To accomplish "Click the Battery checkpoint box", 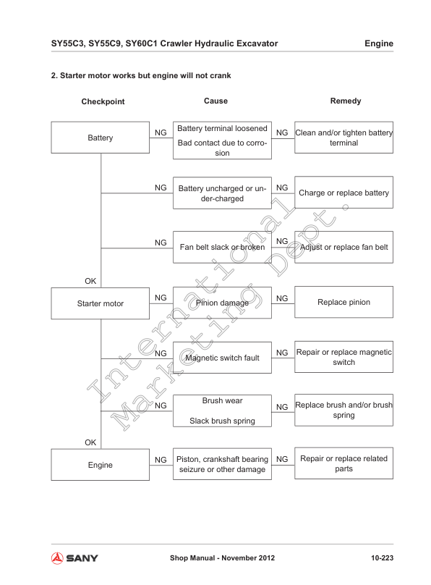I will (101, 138).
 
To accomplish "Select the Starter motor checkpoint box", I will (101, 303).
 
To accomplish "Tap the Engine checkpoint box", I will (101, 465).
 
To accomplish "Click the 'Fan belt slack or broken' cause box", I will (222, 248).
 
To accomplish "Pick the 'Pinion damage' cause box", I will (222, 303).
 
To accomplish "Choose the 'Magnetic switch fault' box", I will (222, 358).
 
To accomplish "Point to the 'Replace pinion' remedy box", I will (343, 302).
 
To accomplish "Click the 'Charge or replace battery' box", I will (343, 193).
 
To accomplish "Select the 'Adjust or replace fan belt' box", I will (343, 248).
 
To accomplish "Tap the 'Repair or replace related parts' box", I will (343, 463).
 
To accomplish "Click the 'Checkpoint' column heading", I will (103, 102).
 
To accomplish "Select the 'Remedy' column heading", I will (345, 101).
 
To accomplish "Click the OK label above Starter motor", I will (91, 280).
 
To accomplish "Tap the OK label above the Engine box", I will (91, 442).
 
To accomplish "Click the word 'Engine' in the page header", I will (378, 43).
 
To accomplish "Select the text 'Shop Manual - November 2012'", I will (221, 558).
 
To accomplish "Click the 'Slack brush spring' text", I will (222, 420).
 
